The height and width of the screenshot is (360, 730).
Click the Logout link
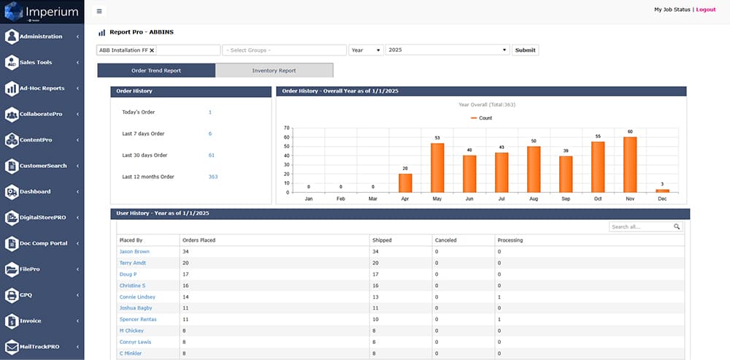click(x=706, y=9)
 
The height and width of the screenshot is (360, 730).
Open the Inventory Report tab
click(x=274, y=71)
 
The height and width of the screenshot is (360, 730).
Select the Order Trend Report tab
click(x=156, y=71)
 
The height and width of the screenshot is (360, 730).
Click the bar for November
click(x=630, y=164)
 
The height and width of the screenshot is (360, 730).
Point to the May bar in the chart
click(x=437, y=167)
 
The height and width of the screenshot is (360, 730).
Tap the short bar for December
click(x=662, y=191)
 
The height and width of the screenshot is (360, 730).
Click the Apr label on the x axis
click(x=404, y=198)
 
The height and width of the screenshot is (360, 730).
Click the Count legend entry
click(x=482, y=118)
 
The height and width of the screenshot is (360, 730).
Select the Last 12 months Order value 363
click(x=213, y=177)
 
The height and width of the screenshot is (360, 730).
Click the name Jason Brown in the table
click(x=134, y=251)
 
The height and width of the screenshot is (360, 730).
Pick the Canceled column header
click(x=445, y=240)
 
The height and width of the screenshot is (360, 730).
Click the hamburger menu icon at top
click(x=99, y=11)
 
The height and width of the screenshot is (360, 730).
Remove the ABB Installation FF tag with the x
click(x=152, y=50)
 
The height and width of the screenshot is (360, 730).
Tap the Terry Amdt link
click(x=133, y=263)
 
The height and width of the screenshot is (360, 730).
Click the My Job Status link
click(x=673, y=9)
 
